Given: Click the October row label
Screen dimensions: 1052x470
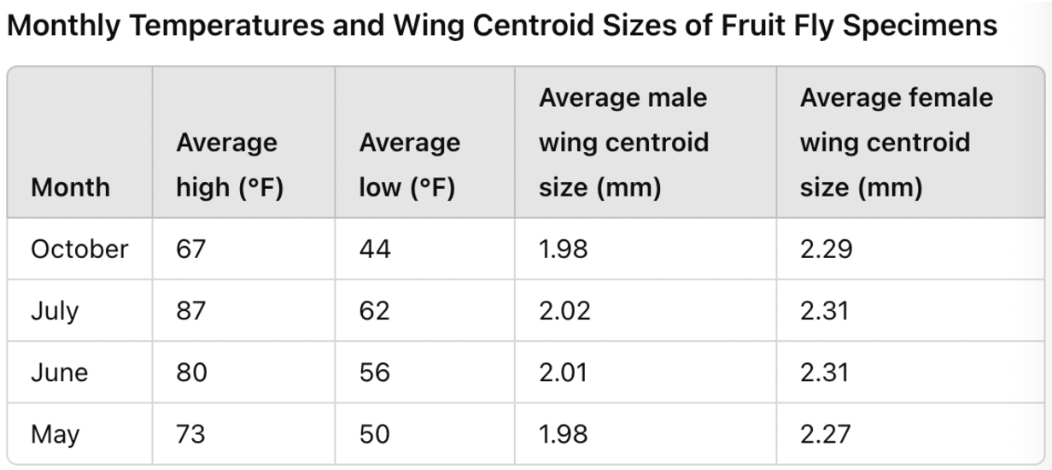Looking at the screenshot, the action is [79, 249].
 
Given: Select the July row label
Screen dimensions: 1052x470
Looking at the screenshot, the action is [55, 311].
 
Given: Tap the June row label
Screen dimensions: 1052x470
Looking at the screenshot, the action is [59, 373].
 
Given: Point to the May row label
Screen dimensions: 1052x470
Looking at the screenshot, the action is [55, 435].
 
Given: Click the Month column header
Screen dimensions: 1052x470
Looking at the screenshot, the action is [70, 187].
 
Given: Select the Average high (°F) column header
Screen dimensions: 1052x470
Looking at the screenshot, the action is [230, 165].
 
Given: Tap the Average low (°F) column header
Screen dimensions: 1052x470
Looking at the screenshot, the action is [410, 165].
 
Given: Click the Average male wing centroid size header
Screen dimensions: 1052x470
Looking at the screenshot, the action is [623, 143].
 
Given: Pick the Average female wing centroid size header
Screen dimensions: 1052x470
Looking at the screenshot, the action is [897, 143].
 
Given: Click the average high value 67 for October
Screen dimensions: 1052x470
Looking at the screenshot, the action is [190, 250].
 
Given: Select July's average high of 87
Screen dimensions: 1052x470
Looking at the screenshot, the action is [190, 311].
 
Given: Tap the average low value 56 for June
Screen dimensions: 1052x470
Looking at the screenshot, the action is [374, 373].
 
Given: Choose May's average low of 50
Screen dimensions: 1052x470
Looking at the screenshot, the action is [374, 434].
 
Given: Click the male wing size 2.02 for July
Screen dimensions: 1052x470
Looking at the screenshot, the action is [564, 311].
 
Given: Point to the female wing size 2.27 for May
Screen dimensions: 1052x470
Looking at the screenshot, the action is [825, 434].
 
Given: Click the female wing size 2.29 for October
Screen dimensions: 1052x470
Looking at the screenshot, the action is [826, 250].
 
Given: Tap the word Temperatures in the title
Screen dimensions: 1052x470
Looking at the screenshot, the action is [227, 26].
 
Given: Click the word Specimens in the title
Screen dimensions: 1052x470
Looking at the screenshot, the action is [920, 26].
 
